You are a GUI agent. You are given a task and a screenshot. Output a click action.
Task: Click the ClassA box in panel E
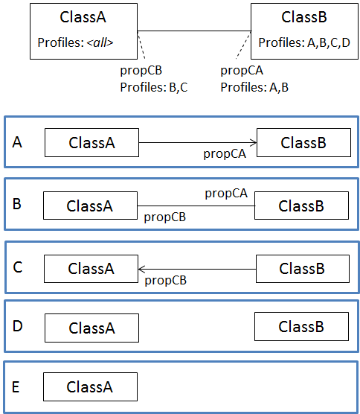(90, 387)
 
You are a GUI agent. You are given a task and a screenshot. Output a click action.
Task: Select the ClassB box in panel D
(301, 326)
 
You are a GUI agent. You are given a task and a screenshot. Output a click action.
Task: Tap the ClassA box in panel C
(91, 269)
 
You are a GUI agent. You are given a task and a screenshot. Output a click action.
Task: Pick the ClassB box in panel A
(303, 143)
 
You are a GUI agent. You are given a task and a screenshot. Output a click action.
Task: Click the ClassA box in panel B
(90, 206)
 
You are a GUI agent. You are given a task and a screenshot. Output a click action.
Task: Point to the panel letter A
(17, 141)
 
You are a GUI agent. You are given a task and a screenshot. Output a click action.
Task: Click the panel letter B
(17, 203)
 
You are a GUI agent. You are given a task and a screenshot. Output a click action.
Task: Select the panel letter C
(17, 266)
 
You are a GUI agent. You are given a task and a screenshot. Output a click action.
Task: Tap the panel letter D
(17, 325)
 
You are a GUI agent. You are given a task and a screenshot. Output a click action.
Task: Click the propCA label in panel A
(224, 154)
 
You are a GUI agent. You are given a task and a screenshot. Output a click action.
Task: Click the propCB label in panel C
(165, 280)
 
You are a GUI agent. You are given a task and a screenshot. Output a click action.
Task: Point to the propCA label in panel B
(226, 194)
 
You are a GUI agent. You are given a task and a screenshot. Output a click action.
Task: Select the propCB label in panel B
(164, 217)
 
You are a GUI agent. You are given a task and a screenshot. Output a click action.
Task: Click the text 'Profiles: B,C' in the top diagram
(155, 87)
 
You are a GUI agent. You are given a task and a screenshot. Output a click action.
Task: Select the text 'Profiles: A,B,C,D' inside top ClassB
(303, 43)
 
